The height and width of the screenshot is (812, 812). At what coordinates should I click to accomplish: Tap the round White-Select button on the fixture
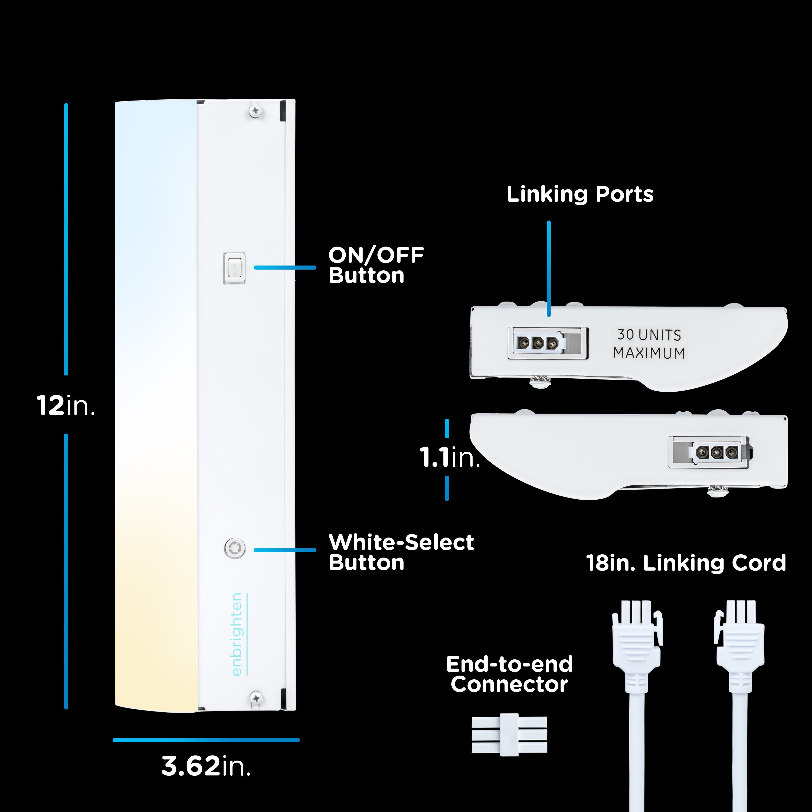pyautogui.click(x=234, y=548)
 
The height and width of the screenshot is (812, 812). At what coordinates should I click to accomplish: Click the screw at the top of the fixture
pyautogui.click(x=255, y=111)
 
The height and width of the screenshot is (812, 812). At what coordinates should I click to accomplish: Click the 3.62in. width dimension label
pyautogui.click(x=206, y=766)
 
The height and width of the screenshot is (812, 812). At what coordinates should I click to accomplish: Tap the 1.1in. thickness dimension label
pyautogui.click(x=450, y=457)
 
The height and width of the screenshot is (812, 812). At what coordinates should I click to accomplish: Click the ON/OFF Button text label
pyautogui.click(x=376, y=265)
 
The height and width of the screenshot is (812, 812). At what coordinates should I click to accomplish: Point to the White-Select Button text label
pyautogui.click(x=401, y=552)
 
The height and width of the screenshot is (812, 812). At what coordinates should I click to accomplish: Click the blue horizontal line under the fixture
pyautogui.click(x=206, y=740)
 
